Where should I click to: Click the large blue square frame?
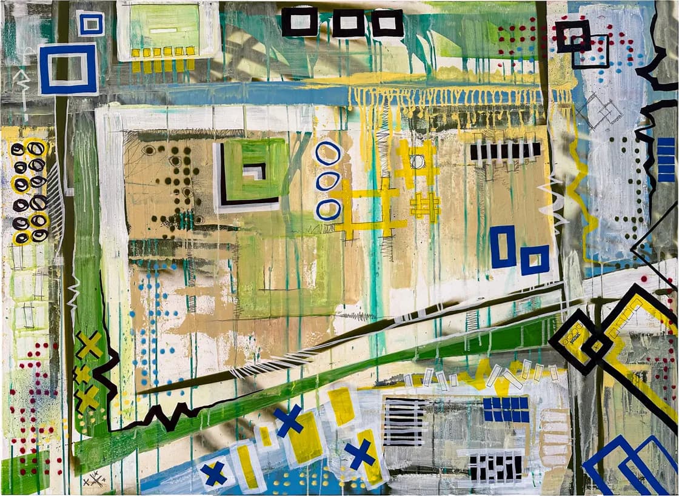coord(68,69)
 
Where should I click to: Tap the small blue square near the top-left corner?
coord(90,23)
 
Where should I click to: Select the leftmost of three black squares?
coord(299,22)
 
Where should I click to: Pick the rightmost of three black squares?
coord(387,22)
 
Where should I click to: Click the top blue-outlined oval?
coord(328,153)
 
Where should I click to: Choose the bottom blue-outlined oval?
coord(327,209)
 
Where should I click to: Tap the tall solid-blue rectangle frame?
coord(503,246)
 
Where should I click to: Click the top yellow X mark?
coord(90,344)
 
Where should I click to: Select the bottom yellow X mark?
coord(87,398)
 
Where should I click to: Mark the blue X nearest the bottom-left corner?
coord(214,473)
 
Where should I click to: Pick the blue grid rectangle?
coord(506,409)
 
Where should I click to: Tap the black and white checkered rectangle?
coord(496,468)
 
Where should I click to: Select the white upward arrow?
coord(23,91)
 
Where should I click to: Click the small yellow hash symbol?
coord(424,206)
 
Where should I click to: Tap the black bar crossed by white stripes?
coord(505,150)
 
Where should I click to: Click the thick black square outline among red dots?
coord(573,36)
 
